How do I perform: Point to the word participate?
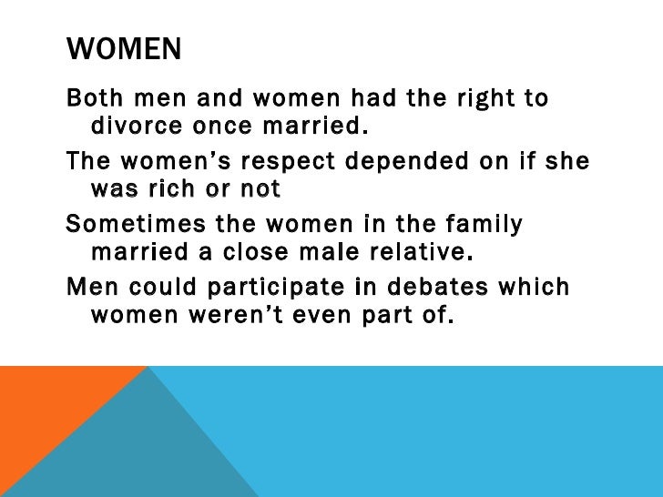tap(271, 288)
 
